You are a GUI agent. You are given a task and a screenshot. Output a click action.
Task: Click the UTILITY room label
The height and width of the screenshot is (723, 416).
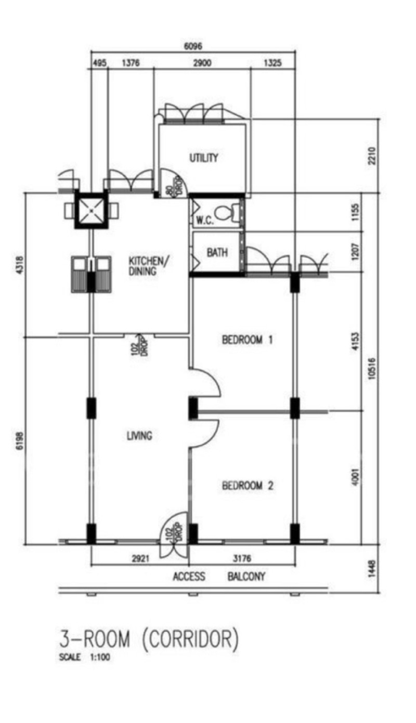[204, 158]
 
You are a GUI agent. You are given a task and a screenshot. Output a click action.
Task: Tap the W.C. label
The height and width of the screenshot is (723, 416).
[204, 220]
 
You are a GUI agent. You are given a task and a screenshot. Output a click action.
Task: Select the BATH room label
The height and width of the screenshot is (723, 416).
[217, 252]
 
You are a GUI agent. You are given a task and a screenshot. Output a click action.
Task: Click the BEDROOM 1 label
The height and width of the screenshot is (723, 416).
[248, 340]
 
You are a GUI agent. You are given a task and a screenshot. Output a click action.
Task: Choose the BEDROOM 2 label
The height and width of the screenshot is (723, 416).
[248, 486]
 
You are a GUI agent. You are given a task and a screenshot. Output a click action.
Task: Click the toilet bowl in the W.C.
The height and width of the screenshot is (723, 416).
[225, 213]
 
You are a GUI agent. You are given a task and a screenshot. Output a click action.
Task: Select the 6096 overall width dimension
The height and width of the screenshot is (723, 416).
[193, 46]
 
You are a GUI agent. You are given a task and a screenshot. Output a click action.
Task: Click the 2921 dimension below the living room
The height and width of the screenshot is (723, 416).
[140, 558]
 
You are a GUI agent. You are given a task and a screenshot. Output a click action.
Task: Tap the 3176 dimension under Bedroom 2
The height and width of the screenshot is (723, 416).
[242, 558]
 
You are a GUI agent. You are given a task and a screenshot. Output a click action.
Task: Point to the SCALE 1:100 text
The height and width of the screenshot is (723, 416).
[85, 657]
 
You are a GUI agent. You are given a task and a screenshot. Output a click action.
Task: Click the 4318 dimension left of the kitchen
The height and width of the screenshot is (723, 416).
[20, 265]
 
